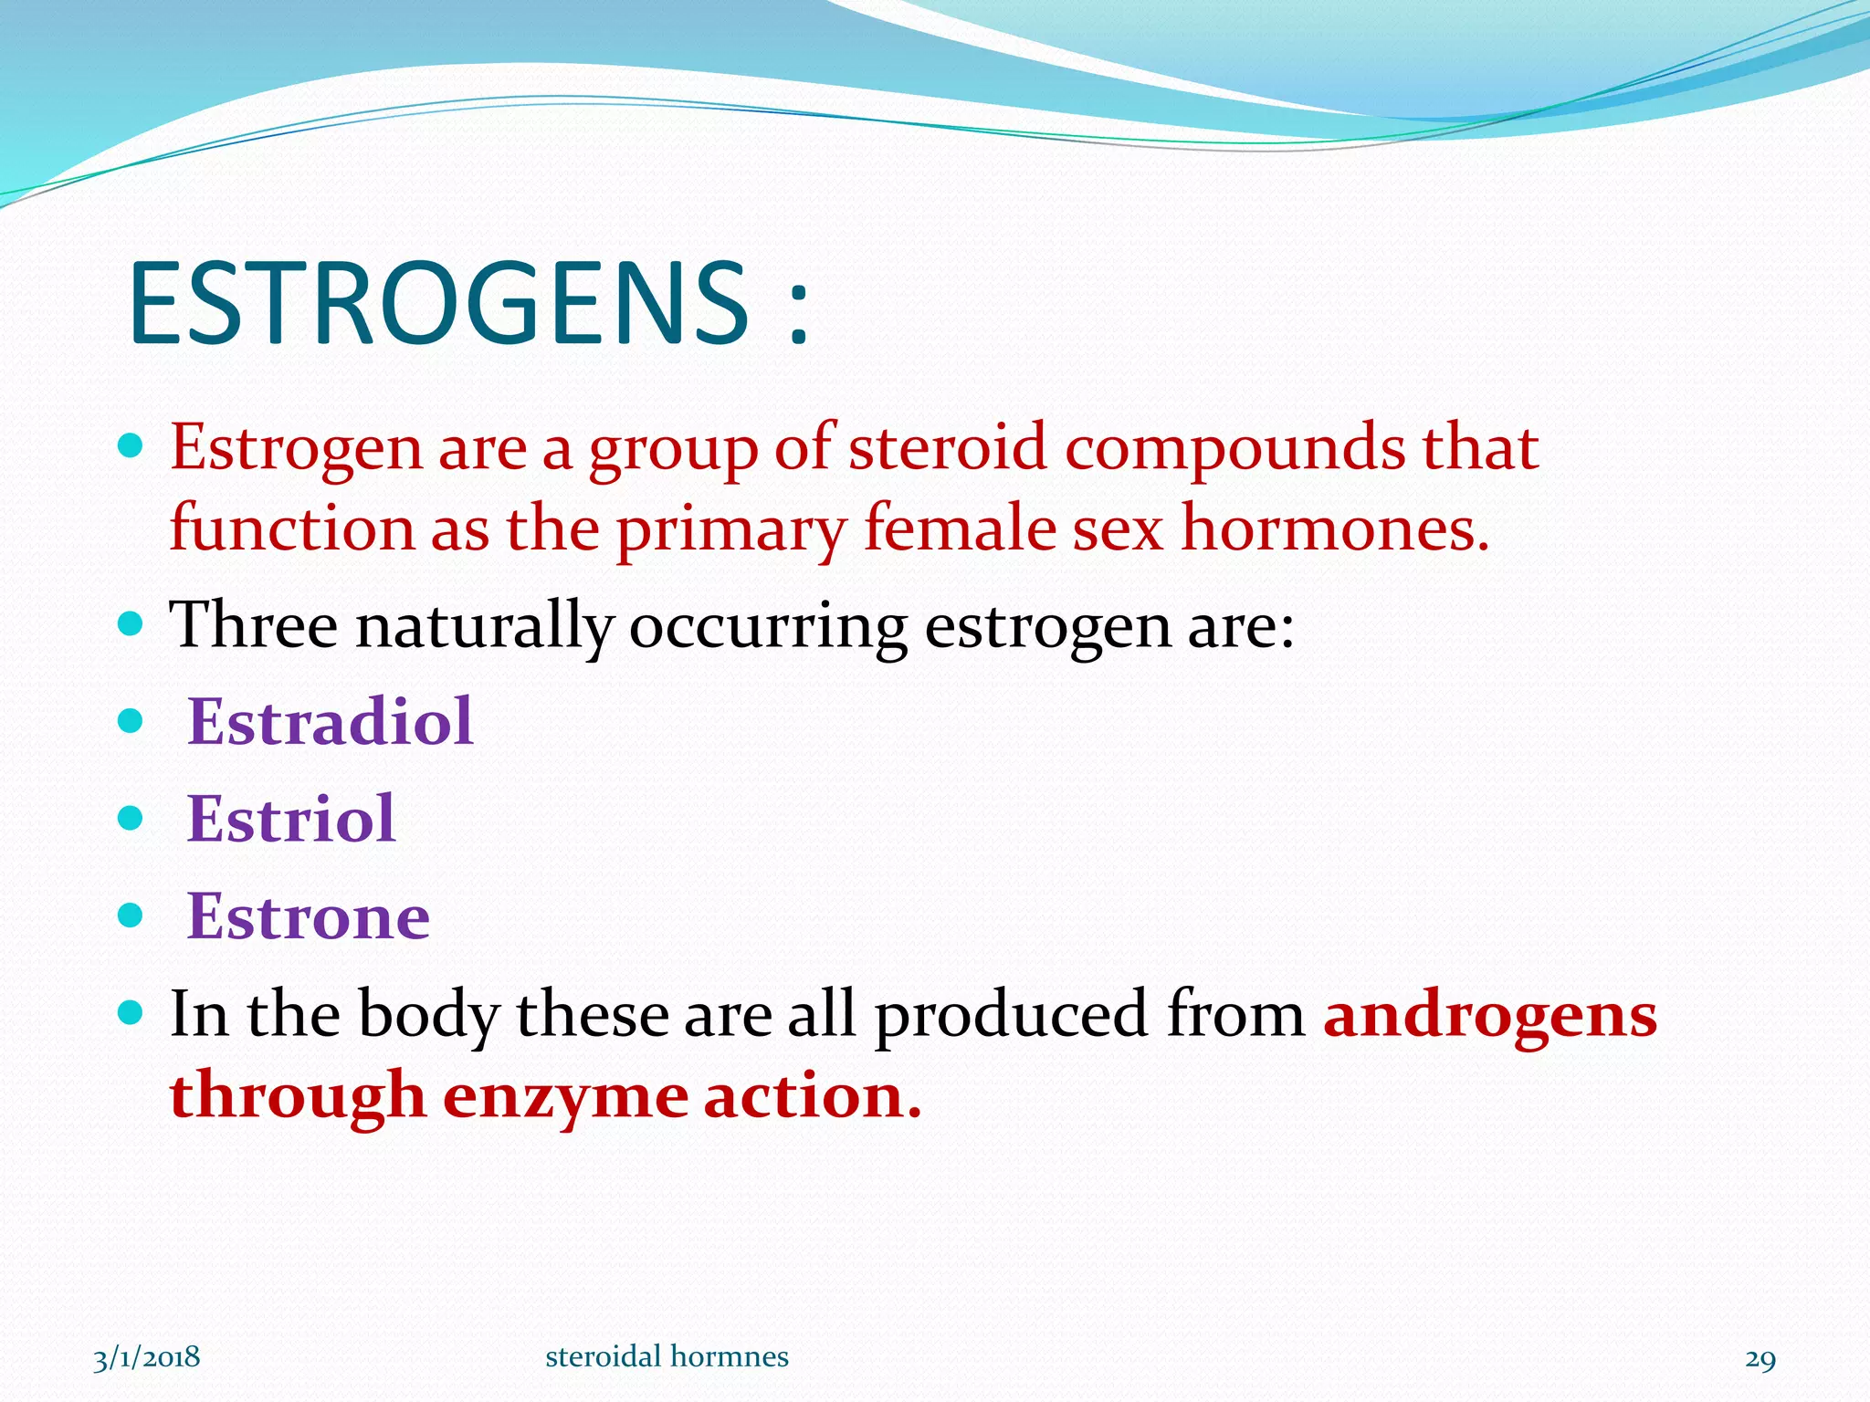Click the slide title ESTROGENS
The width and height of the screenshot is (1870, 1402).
tap(438, 303)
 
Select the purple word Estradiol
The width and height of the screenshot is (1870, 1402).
tap(330, 721)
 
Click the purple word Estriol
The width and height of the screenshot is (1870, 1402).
tap(290, 819)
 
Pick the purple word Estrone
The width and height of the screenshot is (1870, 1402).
tap(308, 916)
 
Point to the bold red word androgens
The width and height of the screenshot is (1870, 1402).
tap(1490, 1015)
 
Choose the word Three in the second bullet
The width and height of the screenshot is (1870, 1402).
tap(253, 625)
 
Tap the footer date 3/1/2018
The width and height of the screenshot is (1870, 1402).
tap(147, 1357)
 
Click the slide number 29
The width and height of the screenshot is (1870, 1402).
tap(1760, 1359)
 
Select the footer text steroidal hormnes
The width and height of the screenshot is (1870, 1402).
tap(667, 1357)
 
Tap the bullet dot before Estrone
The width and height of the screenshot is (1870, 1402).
tap(131, 915)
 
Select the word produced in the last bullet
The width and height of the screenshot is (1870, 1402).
tap(1011, 1015)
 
